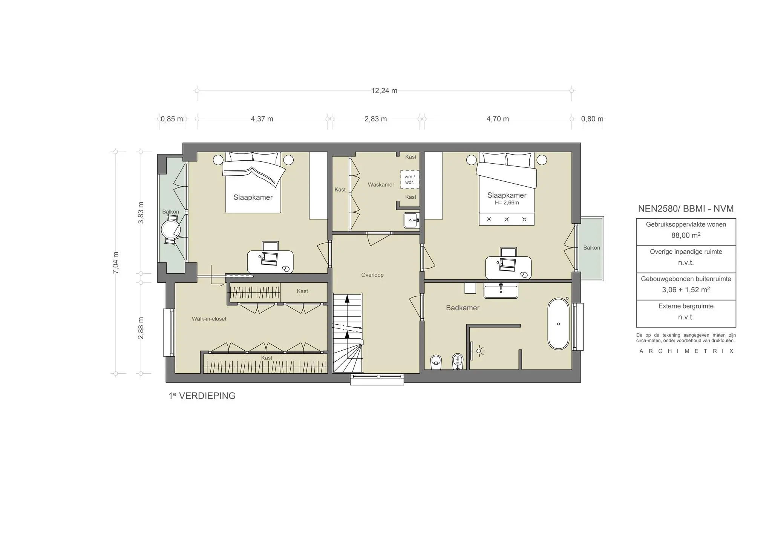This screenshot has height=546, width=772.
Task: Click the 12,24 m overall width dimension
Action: pos(384,90)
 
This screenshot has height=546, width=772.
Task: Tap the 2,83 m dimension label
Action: pos(375,119)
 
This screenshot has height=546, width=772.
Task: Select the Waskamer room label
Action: pos(381,184)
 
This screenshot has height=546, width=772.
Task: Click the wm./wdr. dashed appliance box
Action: pos(409,179)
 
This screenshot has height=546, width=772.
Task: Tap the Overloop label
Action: pos(372,275)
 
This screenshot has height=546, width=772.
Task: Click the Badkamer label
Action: pos(463,308)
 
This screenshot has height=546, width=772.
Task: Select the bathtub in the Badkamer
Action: pos(558,324)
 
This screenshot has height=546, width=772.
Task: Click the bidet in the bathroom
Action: pos(458,361)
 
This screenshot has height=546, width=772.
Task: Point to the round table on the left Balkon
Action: pos(170,229)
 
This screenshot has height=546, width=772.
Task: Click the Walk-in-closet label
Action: pos(209,319)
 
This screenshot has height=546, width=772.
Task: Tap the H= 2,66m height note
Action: pos(507,202)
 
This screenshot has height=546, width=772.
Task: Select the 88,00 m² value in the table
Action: pos(686,235)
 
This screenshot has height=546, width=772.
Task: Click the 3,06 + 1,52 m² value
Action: pos(686,290)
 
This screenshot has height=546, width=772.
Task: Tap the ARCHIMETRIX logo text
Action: pos(686,351)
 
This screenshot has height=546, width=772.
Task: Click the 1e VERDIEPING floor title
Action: pos(202,396)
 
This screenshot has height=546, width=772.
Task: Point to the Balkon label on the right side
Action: pos(591,248)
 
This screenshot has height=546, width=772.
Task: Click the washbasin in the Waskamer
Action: pos(411,220)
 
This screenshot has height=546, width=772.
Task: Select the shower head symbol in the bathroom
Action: pos(479,351)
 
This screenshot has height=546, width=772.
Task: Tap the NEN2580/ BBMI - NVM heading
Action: pos(686,209)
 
